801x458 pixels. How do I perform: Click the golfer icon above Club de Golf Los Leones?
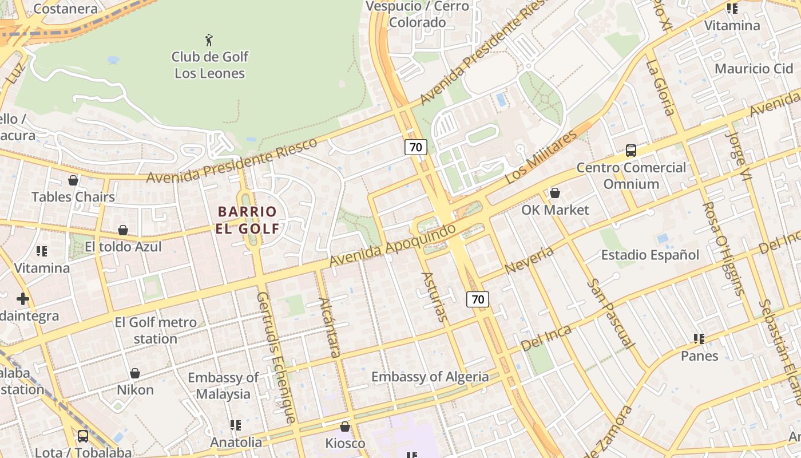point(209,40)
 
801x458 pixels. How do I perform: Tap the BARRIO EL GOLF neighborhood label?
point(247,220)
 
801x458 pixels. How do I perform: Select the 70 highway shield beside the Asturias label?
point(478,299)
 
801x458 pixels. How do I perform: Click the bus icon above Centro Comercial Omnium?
point(631,151)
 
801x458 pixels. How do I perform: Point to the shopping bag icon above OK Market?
point(554,193)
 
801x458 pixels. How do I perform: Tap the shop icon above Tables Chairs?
point(73,180)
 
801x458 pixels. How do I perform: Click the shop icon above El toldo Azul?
point(123,230)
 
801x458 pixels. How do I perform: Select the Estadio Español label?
point(650,255)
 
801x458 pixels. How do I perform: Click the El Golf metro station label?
point(156,330)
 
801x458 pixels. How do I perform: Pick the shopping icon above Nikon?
point(135,373)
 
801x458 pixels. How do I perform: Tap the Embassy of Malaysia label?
point(223,386)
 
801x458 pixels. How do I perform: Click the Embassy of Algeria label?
point(430,377)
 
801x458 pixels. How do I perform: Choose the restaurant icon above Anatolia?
point(236,425)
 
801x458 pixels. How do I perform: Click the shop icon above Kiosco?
point(345,427)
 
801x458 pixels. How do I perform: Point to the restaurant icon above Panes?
point(699,339)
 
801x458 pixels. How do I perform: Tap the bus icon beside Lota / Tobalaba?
point(83,436)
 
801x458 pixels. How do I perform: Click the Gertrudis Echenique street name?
point(276,357)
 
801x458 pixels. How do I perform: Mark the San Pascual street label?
point(611,314)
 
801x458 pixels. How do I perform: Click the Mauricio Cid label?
point(754,69)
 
